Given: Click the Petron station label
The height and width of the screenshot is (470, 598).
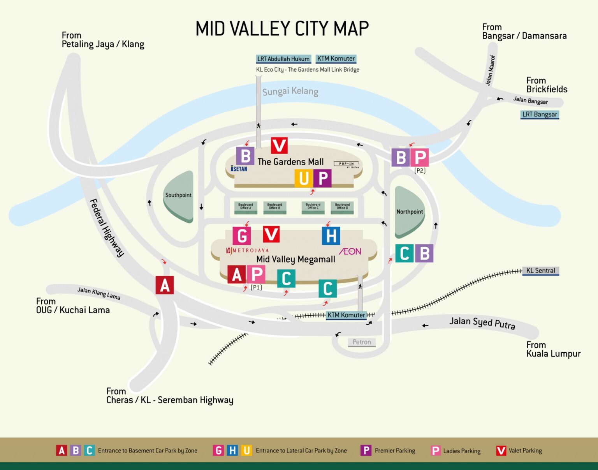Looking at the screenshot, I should point(362,342).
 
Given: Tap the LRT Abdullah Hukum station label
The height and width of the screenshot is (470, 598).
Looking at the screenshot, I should point(283,59).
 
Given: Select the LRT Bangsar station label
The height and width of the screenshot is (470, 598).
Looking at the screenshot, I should point(540,115).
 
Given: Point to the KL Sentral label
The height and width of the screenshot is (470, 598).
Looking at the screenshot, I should point(540,270).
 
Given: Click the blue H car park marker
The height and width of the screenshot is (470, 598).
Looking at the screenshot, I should point(331,236).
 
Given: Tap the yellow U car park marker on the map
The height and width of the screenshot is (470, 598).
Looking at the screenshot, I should point(304,178).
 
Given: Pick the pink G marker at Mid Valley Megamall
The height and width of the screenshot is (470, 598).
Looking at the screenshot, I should point(242,236).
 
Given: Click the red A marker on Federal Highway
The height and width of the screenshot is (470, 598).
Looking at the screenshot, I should point(165,285).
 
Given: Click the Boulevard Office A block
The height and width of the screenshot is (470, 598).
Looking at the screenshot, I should point(246,207).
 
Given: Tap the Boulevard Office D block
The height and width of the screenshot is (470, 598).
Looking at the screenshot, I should point(342,207).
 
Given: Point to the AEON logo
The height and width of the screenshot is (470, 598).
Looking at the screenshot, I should point(350,251).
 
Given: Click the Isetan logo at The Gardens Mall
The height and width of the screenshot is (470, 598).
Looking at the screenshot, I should point(239,169).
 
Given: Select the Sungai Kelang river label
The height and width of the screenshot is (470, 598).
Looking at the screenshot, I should point(290,92).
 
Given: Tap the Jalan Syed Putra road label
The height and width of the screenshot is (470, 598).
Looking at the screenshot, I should point(482,323).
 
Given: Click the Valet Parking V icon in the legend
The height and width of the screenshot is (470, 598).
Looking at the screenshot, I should point(501,451).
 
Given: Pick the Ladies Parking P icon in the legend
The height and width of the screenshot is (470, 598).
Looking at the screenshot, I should point(436,451).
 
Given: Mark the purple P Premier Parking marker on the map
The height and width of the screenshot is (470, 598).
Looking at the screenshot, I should point(323,178).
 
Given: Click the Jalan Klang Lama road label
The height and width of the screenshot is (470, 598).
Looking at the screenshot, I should point(98,293).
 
